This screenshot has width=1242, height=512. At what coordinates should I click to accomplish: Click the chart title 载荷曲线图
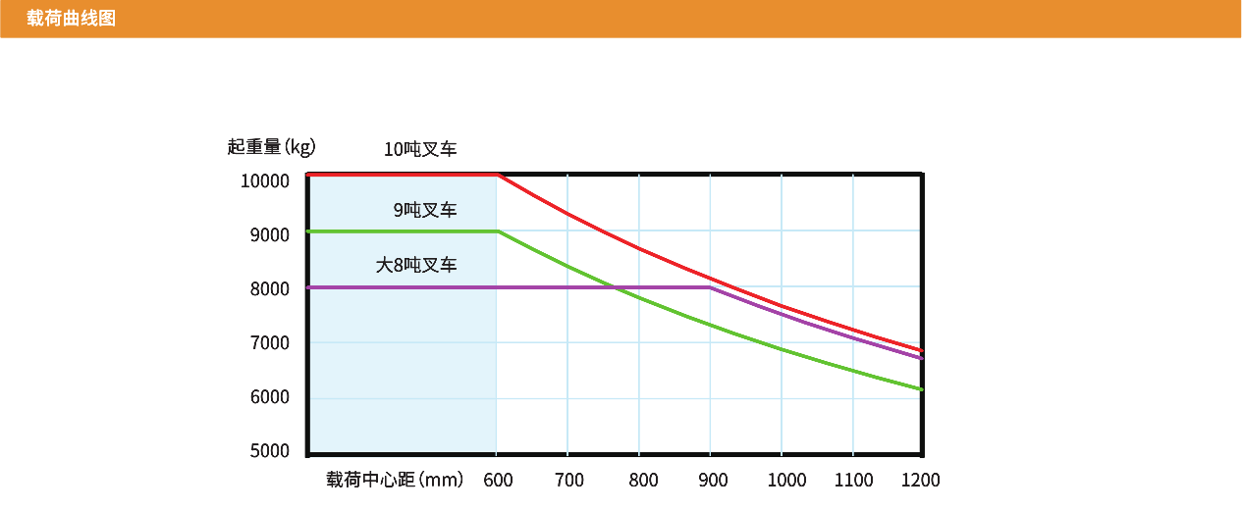tap(72, 18)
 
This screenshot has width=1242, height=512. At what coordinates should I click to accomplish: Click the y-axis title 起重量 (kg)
tap(271, 147)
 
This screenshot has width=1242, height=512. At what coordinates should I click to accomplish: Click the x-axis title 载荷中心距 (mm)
tap(395, 480)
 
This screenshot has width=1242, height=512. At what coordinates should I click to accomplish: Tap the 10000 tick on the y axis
tap(265, 181)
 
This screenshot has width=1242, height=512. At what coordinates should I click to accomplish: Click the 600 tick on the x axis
tap(499, 480)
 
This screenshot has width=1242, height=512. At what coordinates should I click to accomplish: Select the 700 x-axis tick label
tap(569, 480)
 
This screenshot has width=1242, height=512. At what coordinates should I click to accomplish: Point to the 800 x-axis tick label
tap(643, 480)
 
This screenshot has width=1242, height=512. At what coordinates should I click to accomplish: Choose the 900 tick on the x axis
tap(713, 480)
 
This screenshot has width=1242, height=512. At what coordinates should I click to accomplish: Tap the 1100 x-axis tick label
tap(854, 480)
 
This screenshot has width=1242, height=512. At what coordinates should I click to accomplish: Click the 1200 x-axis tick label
tap(920, 480)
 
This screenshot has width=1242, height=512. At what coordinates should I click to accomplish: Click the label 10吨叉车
tap(420, 150)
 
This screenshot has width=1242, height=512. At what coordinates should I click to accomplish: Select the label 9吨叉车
tap(425, 210)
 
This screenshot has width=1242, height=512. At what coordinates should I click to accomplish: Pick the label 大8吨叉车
tap(416, 265)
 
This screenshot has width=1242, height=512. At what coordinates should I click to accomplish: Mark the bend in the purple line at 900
tap(710, 287)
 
